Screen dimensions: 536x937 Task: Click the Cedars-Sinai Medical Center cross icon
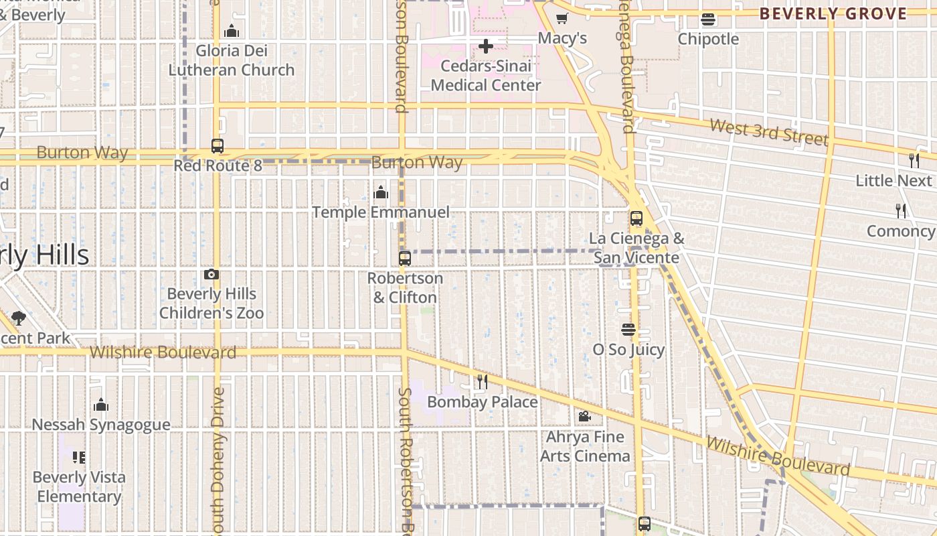[x=486, y=46]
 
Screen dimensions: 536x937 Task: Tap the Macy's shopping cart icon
[x=562, y=19]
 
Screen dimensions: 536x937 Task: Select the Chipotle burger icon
[x=708, y=19]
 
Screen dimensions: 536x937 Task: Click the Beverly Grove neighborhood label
[x=833, y=13]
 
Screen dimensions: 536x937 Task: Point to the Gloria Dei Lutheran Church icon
[x=232, y=31]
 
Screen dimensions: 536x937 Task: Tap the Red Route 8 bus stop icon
[x=217, y=145]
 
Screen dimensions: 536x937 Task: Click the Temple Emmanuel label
[x=381, y=212]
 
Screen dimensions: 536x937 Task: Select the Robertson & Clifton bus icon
[x=404, y=259]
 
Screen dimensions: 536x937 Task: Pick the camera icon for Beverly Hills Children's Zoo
[x=211, y=274]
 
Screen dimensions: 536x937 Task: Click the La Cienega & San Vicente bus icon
[x=636, y=218]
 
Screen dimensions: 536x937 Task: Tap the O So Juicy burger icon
[x=628, y=330]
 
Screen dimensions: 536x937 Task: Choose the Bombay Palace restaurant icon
[x=482, y=382]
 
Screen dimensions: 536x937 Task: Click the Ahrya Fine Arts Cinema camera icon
[x=584, y=417]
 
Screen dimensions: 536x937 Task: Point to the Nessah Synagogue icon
[x=101, y=405]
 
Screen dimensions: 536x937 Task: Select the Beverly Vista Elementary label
[x=79, y=487]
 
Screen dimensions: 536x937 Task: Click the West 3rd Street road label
[x=768, y=131]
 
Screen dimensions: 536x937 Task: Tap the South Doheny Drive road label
[x=218, y=462]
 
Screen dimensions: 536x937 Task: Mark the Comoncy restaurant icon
[x=901, y=211]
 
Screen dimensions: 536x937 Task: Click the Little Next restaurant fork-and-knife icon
[x=914, y=160]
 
